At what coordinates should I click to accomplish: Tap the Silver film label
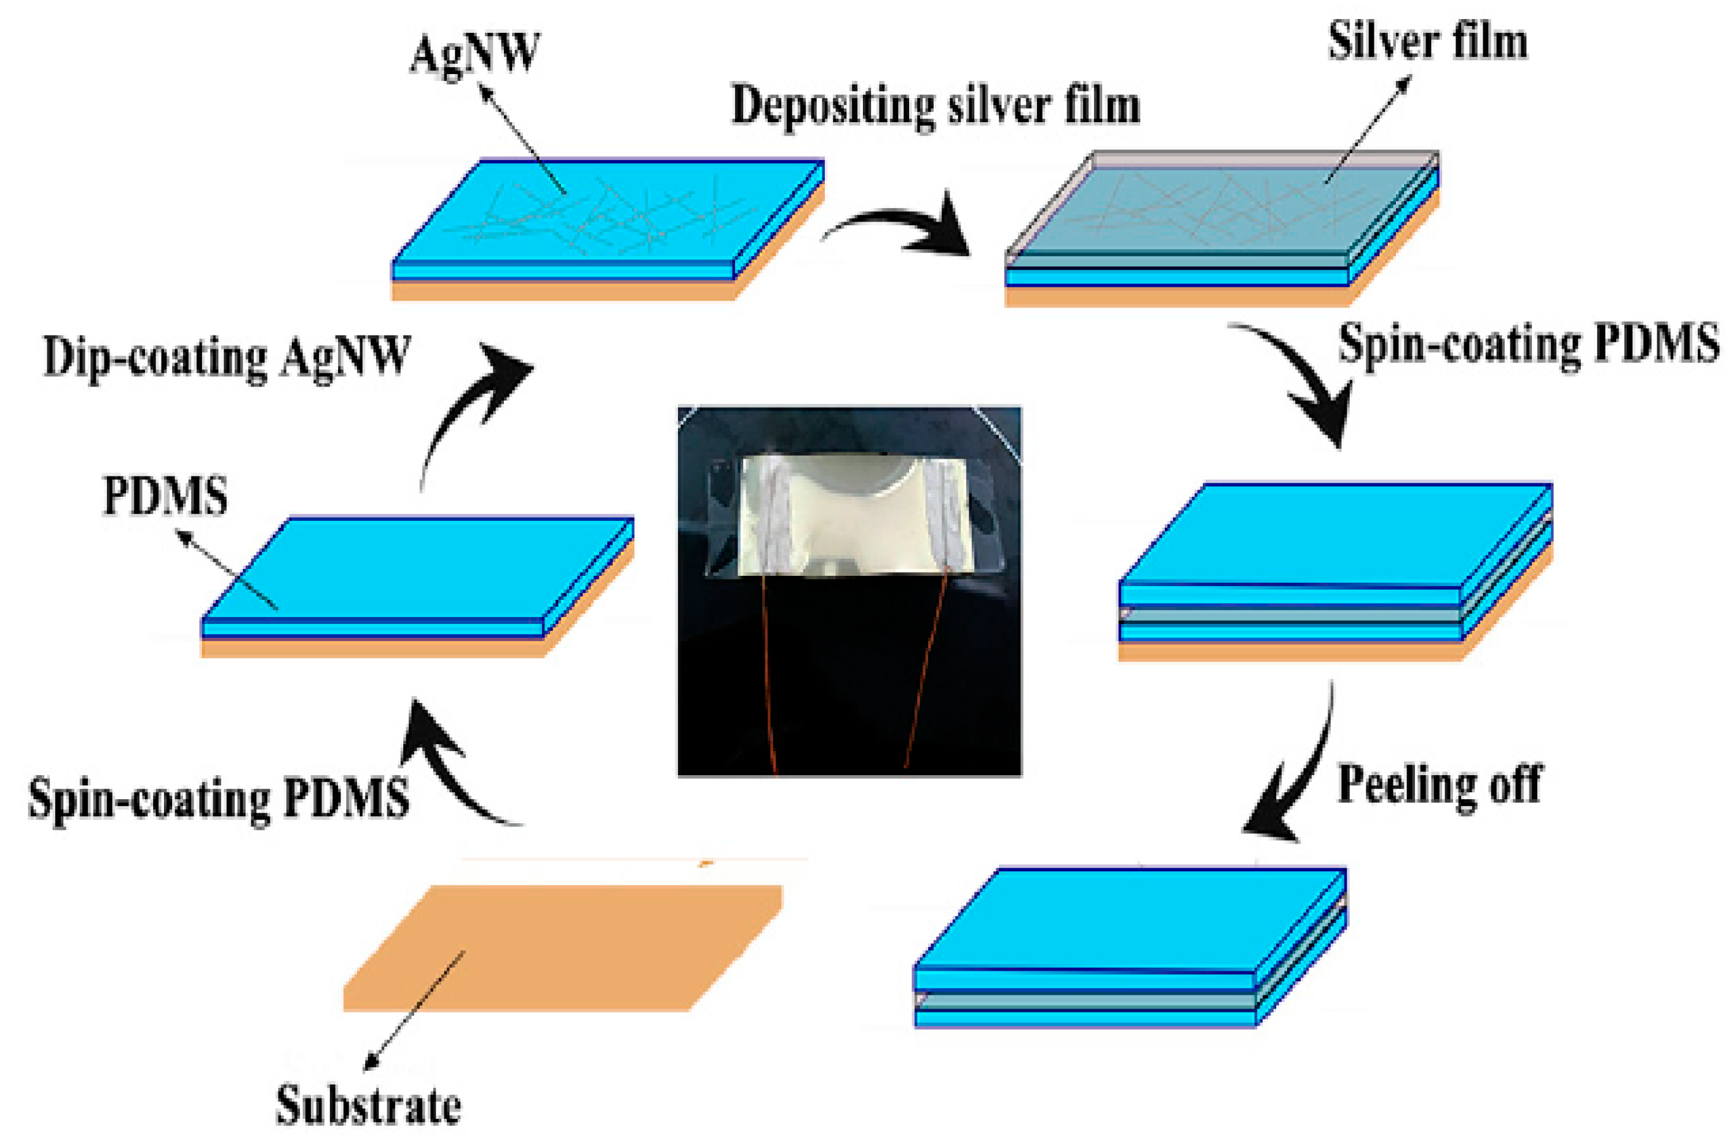(x=1426, y=42)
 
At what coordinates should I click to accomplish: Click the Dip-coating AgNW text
(x=227, y=358)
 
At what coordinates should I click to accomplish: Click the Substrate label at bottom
(x=368, y=1105)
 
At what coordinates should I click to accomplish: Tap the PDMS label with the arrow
(x=165, y=496)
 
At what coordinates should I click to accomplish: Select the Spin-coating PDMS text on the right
(x=1528, y=344)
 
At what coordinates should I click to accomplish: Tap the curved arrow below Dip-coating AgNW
(x=468, y=409)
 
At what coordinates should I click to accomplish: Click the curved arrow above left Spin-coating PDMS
(x=453, y=768)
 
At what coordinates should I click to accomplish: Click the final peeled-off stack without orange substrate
(x=1129, y=950)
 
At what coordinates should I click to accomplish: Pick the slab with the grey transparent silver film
(x=1221, y=227)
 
